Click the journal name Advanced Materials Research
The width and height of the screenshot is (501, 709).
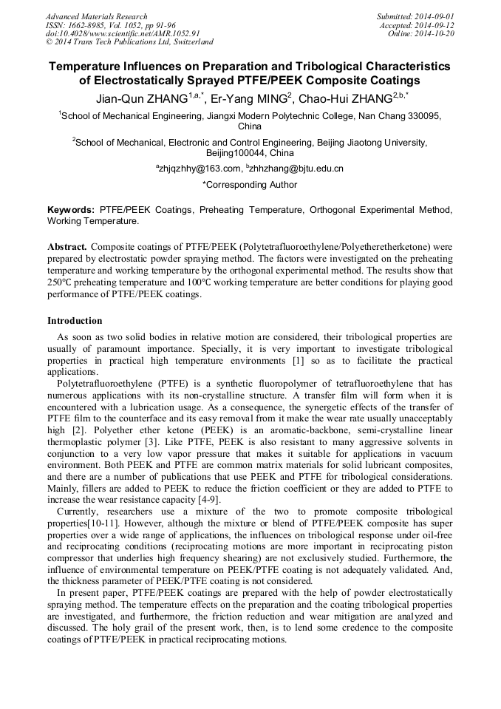tap(96, 16)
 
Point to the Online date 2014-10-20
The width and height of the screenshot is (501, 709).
tap(437, 34)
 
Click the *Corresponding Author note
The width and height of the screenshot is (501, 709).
tap(250, 183)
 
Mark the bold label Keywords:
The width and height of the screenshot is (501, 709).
tap(71, 210)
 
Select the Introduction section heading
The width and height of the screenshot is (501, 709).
tap(75, 321)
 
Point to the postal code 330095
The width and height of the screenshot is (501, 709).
tap(421, 115)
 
